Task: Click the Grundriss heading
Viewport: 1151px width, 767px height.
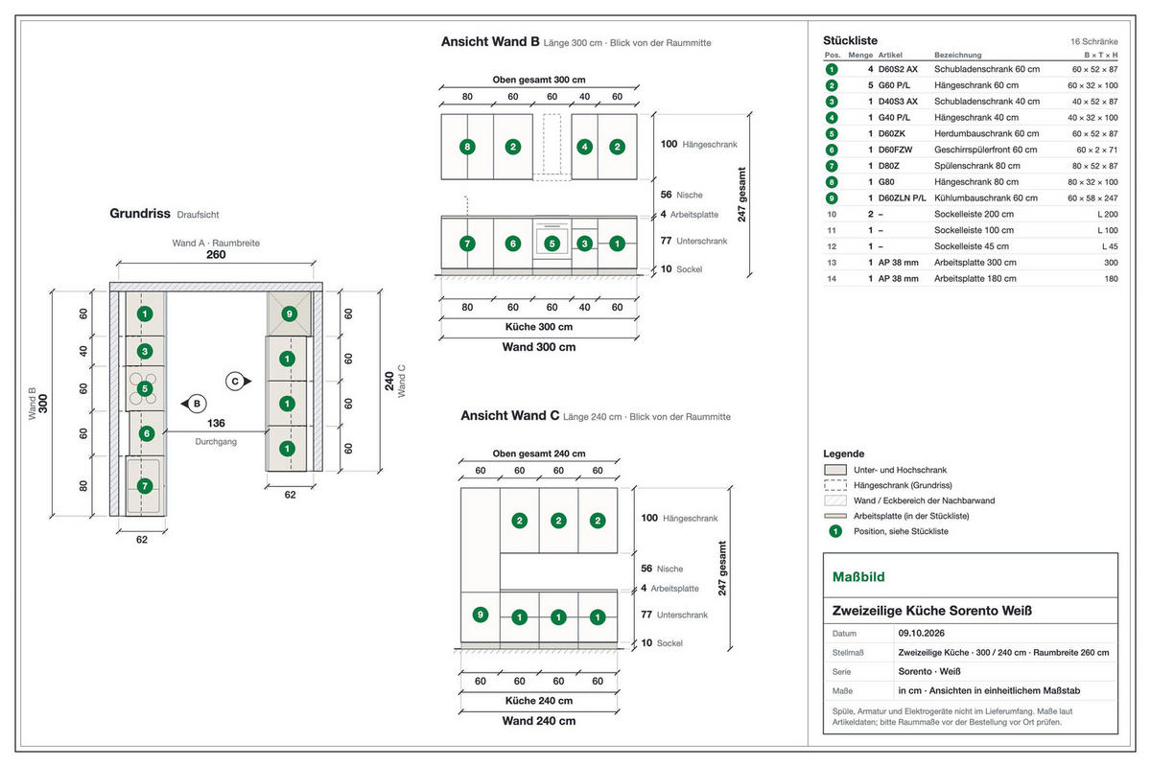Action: [140, 213]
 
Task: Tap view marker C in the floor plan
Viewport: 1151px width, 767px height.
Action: [239, 382]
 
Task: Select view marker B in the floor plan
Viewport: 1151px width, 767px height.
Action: [194, 404]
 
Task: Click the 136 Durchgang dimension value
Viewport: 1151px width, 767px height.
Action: [216, 423]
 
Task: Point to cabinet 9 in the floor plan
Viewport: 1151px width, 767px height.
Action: [290, 314]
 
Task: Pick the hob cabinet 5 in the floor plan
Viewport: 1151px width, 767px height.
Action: [145, 388]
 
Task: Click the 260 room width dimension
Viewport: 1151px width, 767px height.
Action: [216, 254]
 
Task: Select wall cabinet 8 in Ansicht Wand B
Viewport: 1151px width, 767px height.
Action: [467, 147]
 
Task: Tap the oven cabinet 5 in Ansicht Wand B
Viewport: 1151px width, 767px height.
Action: [552, 244]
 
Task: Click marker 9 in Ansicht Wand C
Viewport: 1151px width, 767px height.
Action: [481, 615]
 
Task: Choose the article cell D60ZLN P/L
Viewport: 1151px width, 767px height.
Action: [902, 198]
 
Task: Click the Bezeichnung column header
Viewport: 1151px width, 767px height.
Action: [958, 55]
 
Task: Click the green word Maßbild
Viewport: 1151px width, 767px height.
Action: [858, 577]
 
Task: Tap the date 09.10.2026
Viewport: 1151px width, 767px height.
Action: [922, 633]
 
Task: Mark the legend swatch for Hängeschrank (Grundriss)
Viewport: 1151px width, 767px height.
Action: [835, 485]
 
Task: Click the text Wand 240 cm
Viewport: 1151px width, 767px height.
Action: [538, 721]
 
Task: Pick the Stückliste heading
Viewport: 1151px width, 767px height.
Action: [850, 40]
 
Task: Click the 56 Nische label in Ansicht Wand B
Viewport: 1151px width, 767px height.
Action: [681, 195]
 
